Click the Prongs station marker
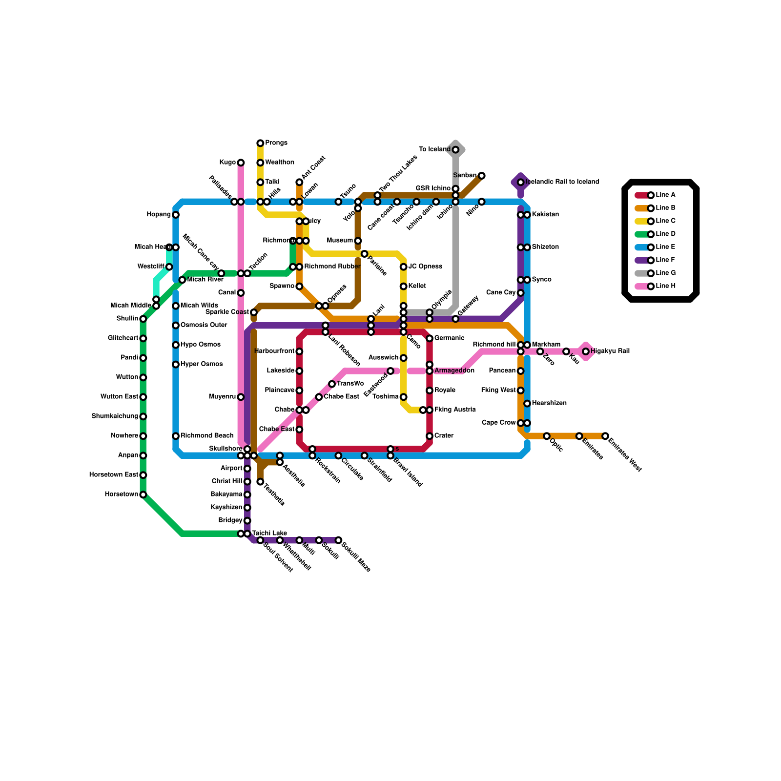click(260, 143)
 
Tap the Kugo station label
click(227, 163)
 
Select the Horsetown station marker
click(143, 494)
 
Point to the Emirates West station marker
click(605, 436)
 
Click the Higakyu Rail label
click(610, 351)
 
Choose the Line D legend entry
click(657, 234)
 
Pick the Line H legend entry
click(657, 286)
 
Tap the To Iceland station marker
click(455, 150)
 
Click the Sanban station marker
click(482, 176)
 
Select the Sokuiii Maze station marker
click(338, 540)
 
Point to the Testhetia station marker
click(260, 482)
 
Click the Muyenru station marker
click(241, 397)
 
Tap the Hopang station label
click(159, 215)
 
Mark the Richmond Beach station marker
click(176, 436)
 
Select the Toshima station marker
click(404, 397)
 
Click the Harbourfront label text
click(274, 351)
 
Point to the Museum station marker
click(358, 241)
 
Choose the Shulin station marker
click(143, 319)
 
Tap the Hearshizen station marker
click(527, 404)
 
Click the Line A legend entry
click(657, 195)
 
